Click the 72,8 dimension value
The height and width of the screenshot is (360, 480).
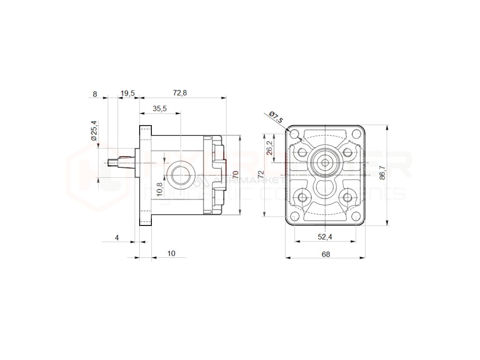click(180, 93)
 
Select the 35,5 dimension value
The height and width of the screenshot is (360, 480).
click(159, 109)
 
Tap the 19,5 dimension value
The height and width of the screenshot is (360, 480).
click(127, 93)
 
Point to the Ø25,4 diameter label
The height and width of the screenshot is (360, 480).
click(94, 131)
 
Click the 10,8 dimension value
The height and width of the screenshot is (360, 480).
click(159, 188)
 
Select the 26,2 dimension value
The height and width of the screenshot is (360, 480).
click(269, 148)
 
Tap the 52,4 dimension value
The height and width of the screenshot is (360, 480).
click(325, 237)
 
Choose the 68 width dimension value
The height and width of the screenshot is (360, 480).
click(326, 254)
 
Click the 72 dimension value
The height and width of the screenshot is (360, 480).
click(261, 174)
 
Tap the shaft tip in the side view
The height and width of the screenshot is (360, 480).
click(111, 163)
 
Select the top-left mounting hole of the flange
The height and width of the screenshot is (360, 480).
click(295, 135)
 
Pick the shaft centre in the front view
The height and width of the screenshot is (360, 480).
click(325, 162)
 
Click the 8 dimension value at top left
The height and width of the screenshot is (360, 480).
click(95, 94)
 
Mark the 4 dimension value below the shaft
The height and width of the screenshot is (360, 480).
click(117, 238)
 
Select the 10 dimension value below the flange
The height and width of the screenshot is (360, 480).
click(171, 254)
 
